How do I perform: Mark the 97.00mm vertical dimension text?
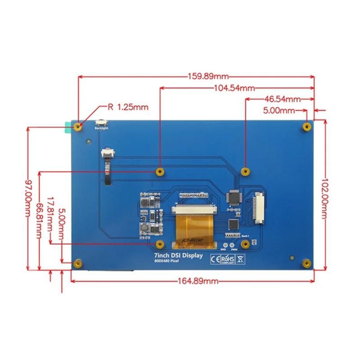click(30, 201)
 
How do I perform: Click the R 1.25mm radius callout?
click(128, 107)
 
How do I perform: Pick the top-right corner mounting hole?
click(306, 126)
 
